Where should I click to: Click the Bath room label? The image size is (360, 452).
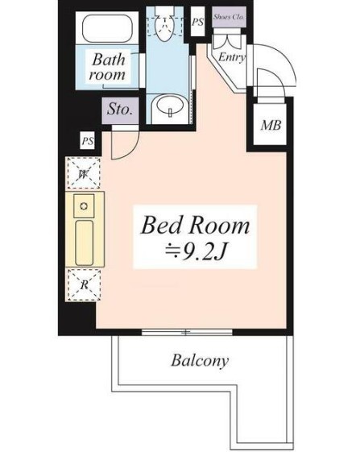[x=109, y=66]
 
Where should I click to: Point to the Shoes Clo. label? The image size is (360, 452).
[x=230, y=17]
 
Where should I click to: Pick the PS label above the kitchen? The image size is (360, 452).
[x=86, y=142]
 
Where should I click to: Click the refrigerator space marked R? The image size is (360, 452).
[x=83, y=283]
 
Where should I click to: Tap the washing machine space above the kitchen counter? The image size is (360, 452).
[x=83, y=172]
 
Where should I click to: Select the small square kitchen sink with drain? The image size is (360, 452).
[x=83, y=206]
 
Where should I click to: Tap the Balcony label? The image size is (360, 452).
[x=200, y=360]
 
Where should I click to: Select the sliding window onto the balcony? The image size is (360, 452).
[x=186, y=331]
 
